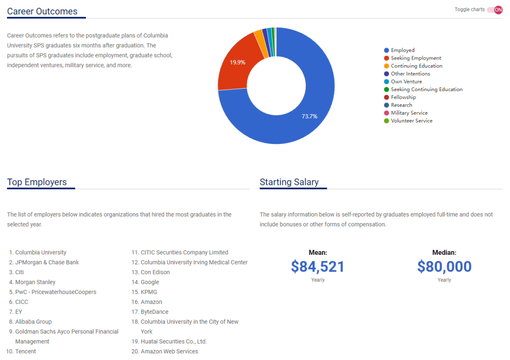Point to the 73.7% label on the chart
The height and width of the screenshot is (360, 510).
click(310, 116)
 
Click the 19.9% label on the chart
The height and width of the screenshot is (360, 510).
click(238, 62)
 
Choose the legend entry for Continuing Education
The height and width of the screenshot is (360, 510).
click(416, 66)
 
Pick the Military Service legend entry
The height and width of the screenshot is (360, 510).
click(409, 113)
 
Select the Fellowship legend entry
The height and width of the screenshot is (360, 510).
click(403, 97)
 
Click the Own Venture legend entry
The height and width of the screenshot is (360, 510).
click(406, 82)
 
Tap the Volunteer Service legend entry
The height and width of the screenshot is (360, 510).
click(411, 121)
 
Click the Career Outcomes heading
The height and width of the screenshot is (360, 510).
click(42, 11)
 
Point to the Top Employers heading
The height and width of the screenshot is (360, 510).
click(37, 182)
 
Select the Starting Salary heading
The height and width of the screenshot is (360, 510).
click(289, 182)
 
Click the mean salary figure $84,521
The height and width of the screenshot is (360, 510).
click(318, 267)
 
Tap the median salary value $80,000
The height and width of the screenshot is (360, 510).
click(444, 267)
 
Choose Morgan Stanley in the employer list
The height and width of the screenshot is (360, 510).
click(35, 282)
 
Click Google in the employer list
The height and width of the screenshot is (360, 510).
click(150, 282)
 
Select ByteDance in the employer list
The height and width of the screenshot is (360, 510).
click(154, 312)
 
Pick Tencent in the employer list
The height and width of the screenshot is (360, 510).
click(25, 352)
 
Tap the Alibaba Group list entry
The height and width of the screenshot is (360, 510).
click(34, 322)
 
